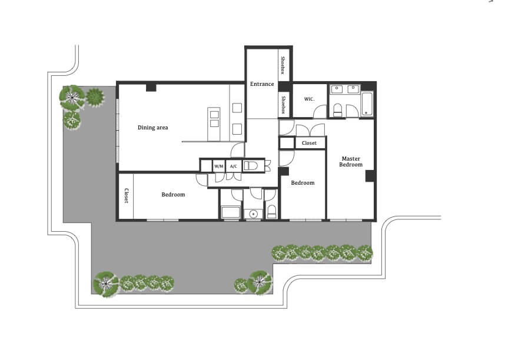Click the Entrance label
click(x=262, y=84)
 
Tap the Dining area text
click(x=152, y=128)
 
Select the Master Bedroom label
click(x=351, y=161)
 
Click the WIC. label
click(x=309, y=99)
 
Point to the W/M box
click(x=219, y=166)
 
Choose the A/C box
click(x=234, y=166)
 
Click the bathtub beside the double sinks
click(x=367, y=104)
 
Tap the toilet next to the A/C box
click(x=251, y=166)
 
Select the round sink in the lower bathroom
click(x=254, y=214)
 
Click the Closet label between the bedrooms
click(x=309, y=143)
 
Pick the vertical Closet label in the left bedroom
click(x=127, y=196)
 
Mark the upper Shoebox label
click(x=283, y=65)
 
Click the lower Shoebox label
click(x=284, y=105)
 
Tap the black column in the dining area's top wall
click(x=151, y=87)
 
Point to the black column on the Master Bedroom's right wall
click(x=370, y=176)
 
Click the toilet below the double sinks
click(x=337, y=110)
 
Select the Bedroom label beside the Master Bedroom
click(x=303, y=183)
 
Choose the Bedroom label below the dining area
click(x=173, y=195)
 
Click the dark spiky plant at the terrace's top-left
click(x=95, y=97)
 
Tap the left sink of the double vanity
click(x=337, y=89)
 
